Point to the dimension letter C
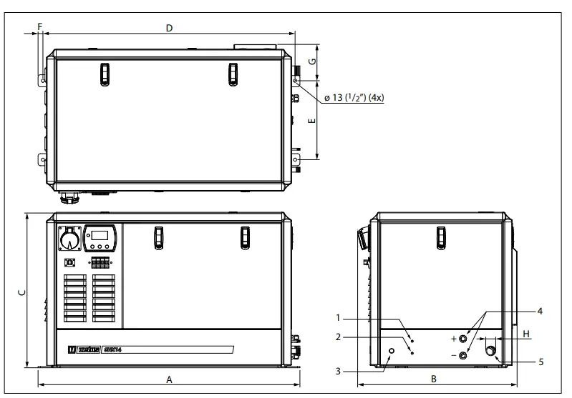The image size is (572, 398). point(21,292)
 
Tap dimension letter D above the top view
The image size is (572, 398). point(169,28)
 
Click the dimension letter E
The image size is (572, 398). point(312,121)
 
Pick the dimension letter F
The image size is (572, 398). point(40,26)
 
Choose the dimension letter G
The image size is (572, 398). point(312,62)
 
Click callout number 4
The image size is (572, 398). point(540,311)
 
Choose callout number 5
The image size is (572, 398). point(541,362)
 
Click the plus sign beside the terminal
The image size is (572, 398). point(453,338)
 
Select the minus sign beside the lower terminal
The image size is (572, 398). point(453,355)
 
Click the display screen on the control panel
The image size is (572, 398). point(100,236)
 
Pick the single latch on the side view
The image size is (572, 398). point(441,235)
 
